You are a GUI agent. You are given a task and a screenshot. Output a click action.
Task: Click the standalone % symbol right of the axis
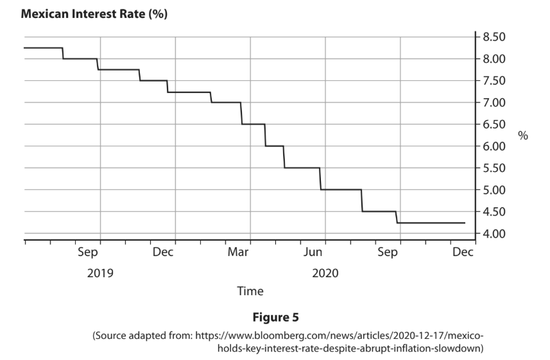coord(523,135)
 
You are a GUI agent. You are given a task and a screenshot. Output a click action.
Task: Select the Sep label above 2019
coord(88,252)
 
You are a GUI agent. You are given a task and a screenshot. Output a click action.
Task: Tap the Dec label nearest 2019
coord(162,252)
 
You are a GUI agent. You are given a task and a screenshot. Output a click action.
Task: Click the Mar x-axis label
coord(238,252)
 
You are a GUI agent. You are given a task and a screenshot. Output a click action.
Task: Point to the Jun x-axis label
coord(313,252)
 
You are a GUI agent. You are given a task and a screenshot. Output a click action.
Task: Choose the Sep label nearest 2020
coord(388,252)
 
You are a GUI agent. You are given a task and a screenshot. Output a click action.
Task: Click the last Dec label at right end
coord(463,252)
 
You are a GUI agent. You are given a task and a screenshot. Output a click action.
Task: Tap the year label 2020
coord(325,273)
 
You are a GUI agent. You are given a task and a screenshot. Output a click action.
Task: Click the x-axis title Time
coord(250,291)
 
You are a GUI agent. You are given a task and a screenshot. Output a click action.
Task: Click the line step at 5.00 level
coord(341,189)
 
